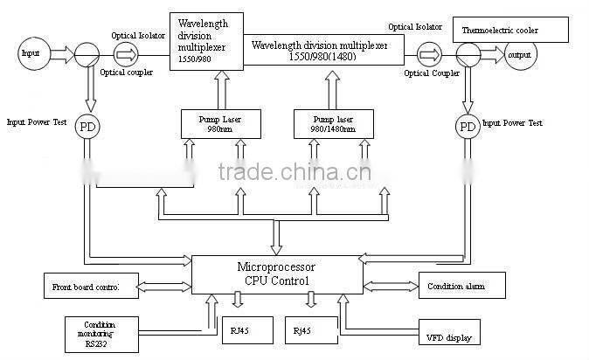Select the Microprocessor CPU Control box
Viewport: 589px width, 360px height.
coord(276,274)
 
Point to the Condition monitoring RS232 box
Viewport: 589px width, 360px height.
coord(100,333)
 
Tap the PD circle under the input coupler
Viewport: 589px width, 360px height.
coord(87,127)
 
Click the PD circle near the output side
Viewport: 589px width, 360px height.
coord(468,128)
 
